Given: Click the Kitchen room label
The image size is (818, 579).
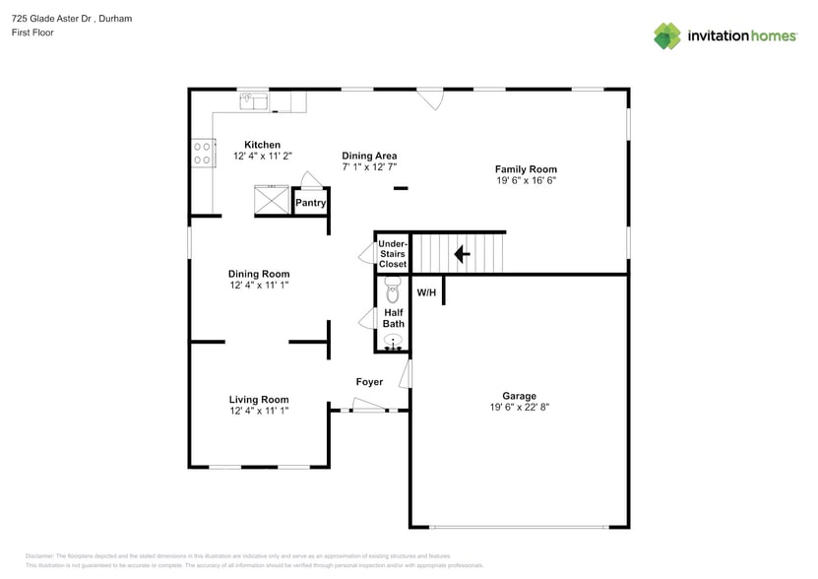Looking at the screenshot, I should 262,145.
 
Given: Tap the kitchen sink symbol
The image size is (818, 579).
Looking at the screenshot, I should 254,99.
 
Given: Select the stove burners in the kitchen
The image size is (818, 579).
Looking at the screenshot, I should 203,152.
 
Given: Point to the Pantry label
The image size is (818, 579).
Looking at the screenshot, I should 311,203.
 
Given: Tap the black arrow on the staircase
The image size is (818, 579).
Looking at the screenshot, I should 460,255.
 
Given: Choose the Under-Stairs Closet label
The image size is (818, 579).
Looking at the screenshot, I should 392,254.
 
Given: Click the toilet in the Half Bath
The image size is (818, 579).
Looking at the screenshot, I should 392,291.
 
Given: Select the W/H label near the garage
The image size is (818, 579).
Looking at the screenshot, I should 426,292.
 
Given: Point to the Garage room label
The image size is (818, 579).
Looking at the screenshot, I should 519,396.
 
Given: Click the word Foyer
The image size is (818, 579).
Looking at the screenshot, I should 369,382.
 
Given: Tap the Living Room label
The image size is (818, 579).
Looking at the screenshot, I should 259,400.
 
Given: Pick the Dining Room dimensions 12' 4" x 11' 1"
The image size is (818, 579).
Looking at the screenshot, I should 259,286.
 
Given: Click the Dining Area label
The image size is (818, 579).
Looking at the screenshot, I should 369,156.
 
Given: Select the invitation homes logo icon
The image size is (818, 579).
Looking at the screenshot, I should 667,36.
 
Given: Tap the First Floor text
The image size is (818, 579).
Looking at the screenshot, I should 32,32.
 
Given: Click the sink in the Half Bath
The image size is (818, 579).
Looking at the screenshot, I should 393,343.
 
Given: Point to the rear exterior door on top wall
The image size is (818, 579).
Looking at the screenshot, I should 429,97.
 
